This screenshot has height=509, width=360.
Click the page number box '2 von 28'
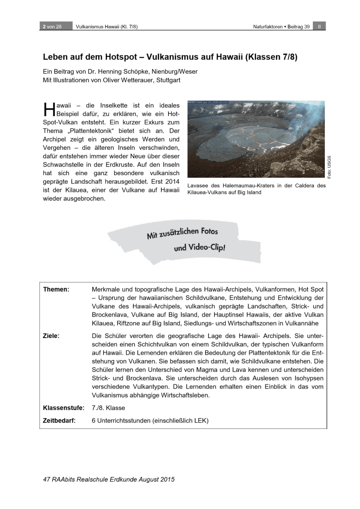click(52, 26)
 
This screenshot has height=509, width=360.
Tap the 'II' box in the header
click(319, 26)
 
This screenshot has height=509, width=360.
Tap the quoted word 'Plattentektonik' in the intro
click(86, 131)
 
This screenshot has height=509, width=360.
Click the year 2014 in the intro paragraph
click(172, 182)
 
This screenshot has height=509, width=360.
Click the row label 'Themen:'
click(56, 289)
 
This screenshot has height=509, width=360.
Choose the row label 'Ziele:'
click(51, 336)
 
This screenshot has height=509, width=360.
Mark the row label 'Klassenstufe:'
click(63, 408)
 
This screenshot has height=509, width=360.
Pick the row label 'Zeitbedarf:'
click(59, 421)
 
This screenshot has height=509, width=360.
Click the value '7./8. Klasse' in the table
click(108, 408)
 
